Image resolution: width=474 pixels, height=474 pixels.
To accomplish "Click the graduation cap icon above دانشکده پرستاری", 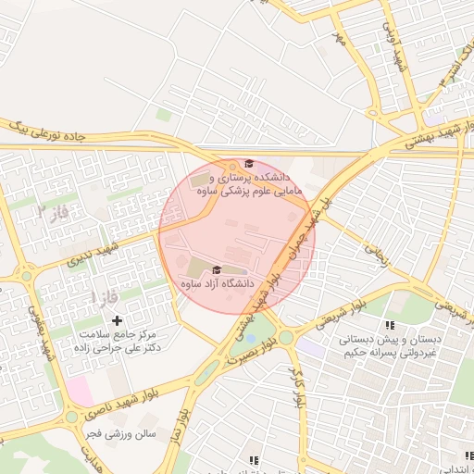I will point(248,162).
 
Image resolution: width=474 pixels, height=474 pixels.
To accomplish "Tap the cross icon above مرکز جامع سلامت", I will point(117,319).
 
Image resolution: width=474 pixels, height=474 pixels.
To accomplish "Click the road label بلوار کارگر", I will point(298,387).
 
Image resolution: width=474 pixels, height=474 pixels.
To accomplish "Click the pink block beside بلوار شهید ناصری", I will point(81,391).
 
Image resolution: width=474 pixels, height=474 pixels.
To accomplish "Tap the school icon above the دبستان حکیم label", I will point(390,325).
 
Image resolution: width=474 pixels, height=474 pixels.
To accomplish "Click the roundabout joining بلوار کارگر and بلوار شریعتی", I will point(286,336).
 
